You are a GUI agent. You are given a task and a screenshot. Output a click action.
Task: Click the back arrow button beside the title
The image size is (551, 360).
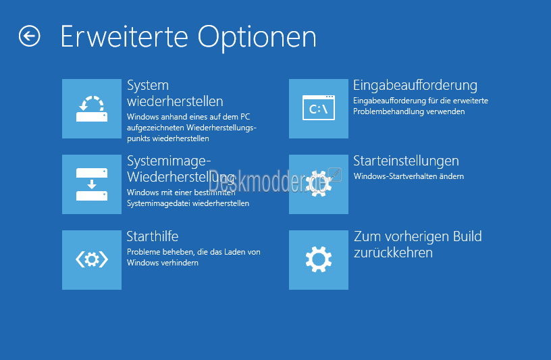point(30,36)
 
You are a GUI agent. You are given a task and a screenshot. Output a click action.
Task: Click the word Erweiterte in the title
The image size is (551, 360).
point(124,36)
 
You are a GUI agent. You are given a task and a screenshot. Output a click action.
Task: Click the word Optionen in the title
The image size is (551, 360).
point(257,38)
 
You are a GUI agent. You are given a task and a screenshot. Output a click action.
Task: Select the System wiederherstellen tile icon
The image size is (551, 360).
point(92,109)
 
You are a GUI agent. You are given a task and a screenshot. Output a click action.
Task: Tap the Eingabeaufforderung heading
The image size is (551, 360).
point(415,85)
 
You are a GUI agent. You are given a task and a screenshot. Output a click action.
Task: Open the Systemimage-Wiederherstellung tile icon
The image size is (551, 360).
point(92,184)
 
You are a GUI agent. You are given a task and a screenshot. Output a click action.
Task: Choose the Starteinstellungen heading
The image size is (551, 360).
point(406,161)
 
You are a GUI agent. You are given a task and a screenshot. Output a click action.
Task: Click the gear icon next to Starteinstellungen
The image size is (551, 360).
point(319,184)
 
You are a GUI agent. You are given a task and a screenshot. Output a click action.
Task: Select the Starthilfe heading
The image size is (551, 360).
point(153,236)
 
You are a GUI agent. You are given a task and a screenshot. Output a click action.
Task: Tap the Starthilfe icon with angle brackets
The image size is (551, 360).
point(92,260)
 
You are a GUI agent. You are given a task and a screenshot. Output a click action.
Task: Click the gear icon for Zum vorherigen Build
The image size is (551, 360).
point(319,260)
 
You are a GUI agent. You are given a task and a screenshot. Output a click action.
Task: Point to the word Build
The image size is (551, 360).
point(467,236)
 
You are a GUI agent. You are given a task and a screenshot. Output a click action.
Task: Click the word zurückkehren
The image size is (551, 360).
point(393,253)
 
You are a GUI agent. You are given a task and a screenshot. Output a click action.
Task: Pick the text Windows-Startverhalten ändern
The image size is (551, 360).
point(409,176)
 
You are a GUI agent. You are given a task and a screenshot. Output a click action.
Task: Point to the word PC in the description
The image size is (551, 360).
point(245,117)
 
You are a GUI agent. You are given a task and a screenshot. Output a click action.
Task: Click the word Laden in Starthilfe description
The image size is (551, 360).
point(234,252)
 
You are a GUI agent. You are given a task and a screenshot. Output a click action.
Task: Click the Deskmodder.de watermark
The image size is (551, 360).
point(267,182)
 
